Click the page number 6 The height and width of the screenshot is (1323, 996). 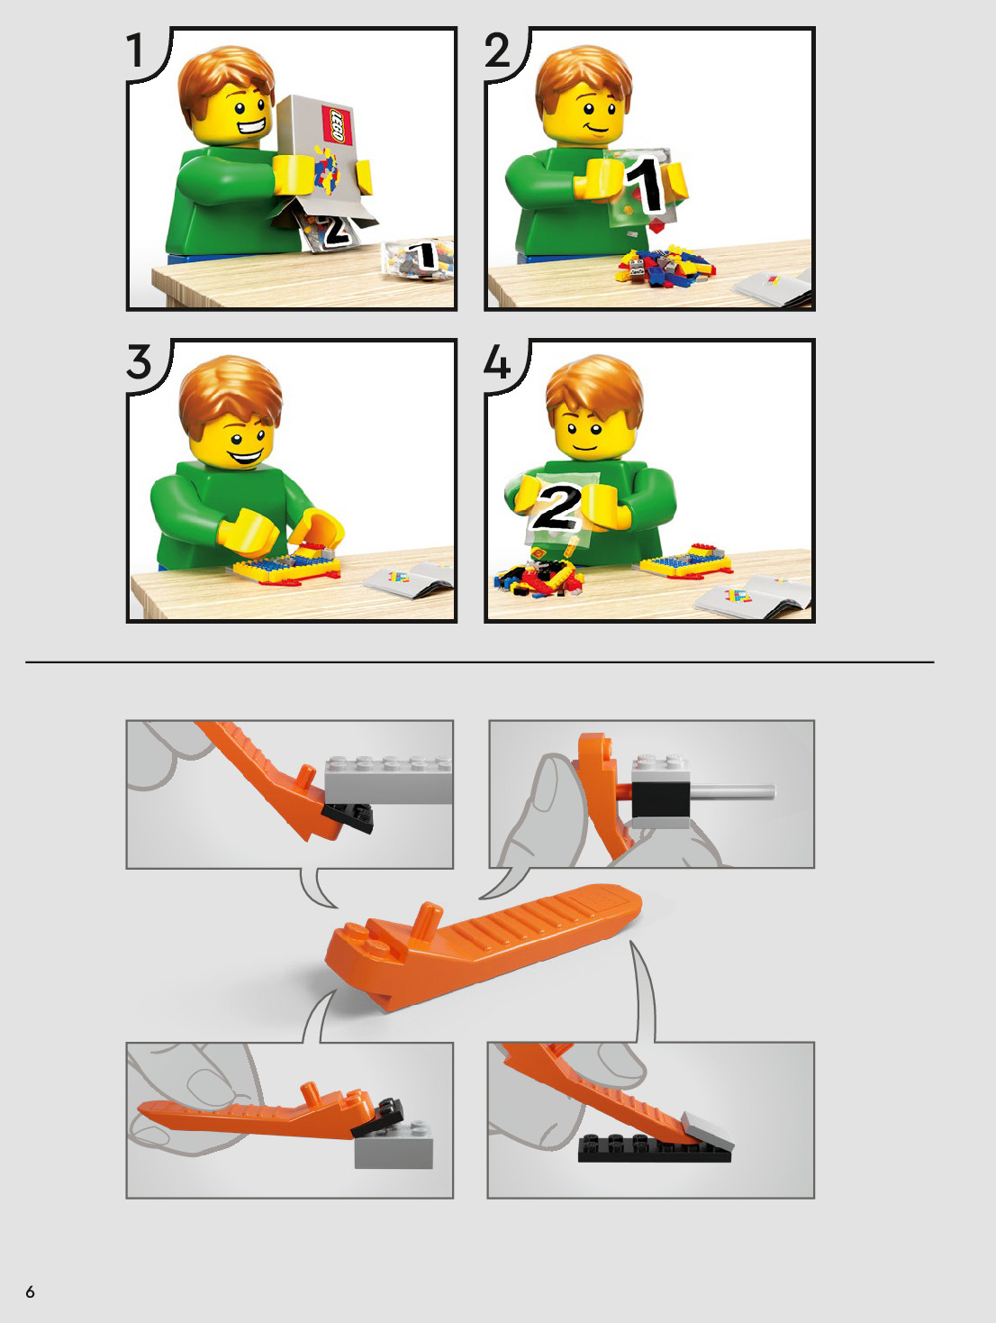[30, 1291]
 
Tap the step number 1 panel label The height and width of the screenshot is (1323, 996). [135, 50]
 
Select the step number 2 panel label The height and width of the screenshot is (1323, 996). [497, 50]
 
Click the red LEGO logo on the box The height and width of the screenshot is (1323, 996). [335, 125]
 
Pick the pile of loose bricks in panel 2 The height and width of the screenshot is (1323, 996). [665, 265]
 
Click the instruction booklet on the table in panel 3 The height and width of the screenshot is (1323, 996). [407, 580]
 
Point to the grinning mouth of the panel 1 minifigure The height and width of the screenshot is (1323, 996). [252, 128]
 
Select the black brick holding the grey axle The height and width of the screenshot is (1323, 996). [660, 799]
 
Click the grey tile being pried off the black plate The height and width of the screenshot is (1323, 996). [707, 1131]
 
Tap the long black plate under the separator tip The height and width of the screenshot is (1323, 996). [654, 1149]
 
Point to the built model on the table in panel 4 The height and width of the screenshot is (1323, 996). [685, 561]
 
